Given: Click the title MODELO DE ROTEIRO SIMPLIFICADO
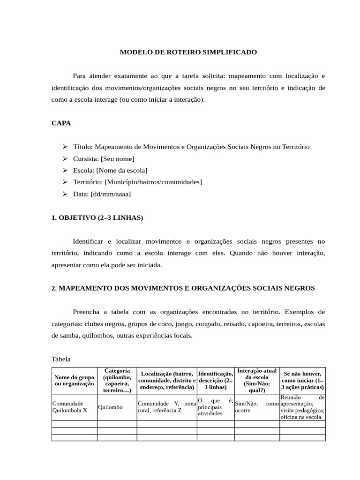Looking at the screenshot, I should coord(188,52).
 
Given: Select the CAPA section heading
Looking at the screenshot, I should coord(61,123).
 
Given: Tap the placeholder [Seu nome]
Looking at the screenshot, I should coord(117,158).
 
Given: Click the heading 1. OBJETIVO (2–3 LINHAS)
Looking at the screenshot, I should coord(97,217).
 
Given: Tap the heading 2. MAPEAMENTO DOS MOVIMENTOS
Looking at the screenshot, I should coord(183,288).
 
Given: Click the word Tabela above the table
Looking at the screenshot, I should coord(61,359).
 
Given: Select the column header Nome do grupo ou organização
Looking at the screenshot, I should coord(74,380).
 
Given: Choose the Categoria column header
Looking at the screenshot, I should coord(117,380).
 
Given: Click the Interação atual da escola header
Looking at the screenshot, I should coord(256,380).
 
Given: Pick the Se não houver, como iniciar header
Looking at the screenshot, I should coord(302,380).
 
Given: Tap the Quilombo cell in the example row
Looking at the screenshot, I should coord(110,407).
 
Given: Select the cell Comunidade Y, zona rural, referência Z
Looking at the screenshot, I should coord(166,407).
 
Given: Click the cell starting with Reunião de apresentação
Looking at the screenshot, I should coord(302,407).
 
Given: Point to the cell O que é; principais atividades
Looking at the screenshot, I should coord(215,407).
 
